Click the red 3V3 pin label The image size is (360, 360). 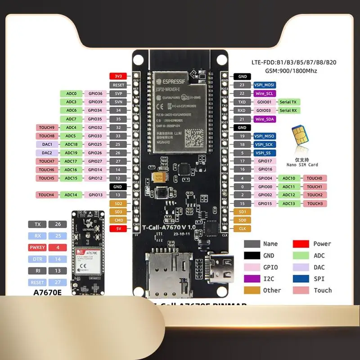118,76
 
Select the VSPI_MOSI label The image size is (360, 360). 264,85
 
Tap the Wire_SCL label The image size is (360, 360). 264,93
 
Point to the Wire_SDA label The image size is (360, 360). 264,119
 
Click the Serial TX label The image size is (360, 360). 288,102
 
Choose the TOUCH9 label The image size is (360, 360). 46,127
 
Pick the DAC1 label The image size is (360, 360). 46,144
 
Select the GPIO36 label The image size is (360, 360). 95,94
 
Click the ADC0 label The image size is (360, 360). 71,94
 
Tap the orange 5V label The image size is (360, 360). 118,229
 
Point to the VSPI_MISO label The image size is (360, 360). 264,136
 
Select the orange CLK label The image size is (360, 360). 242,229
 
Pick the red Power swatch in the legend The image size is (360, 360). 301,244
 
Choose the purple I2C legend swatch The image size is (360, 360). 252,279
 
